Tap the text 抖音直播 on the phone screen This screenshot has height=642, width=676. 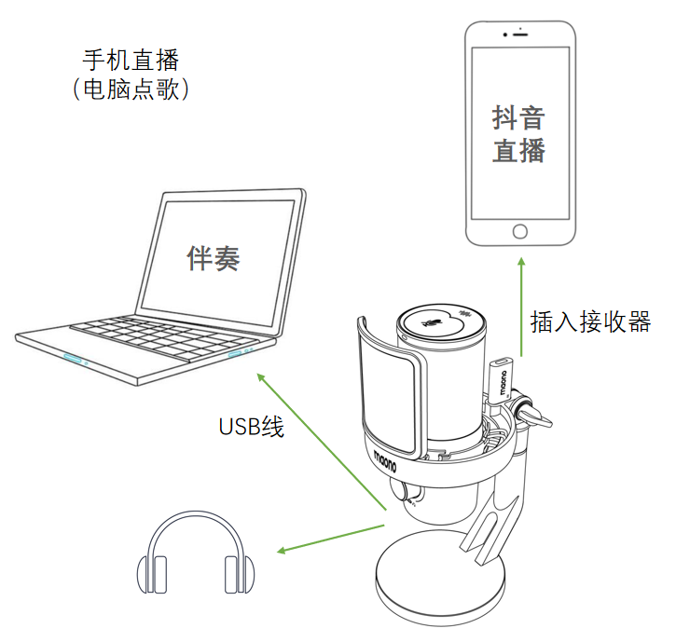[519, 134]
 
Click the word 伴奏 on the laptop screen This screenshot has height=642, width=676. [214, 258]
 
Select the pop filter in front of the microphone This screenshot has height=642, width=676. [384, 382]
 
